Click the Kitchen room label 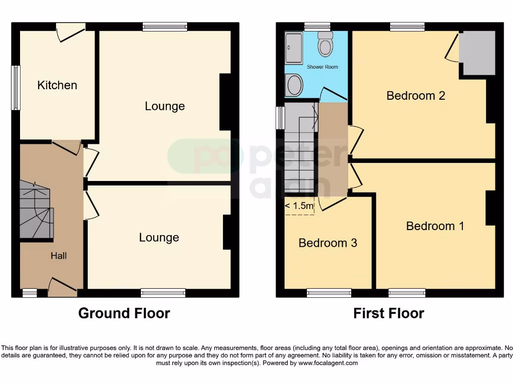coord(57,85)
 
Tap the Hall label coord(59,256)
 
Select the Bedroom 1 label coord(435,226)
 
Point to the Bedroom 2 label coord(416,95)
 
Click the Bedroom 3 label coord(328,243)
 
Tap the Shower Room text coord(322,67)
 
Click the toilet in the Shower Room coord(326,45)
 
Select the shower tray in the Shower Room coord(294,49)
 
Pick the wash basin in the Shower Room coord(294,85)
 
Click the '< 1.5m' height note coord(300,206)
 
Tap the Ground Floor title coord(124,313)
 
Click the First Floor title coord(389,313)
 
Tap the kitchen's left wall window coord(16,88)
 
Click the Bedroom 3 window coord(329,293)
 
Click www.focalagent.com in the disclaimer coord(328,363)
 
